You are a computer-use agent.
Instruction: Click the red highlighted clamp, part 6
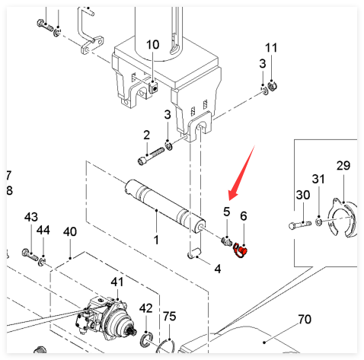[240, 250]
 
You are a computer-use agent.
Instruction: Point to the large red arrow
[241, 173]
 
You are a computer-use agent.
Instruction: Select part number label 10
[152, 45]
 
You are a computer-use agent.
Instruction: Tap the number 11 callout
[271, 48]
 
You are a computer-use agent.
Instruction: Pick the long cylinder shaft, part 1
[165, 206]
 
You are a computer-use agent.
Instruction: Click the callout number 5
[226, 212]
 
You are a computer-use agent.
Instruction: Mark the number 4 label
[218, 269]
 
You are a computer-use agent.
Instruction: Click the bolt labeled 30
[300, 225]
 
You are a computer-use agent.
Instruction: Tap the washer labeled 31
[318, 221]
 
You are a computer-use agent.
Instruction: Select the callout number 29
[343, 166]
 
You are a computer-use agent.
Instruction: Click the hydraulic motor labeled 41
[105, 317]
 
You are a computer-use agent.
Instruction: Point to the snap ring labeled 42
[147, 339]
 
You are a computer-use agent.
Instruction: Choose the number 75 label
[169, 316]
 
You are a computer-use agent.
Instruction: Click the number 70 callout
[305, 320]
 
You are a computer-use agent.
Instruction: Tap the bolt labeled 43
[30, 254]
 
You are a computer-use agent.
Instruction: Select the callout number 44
[43, 230]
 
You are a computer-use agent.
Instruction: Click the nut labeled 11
[273, 86]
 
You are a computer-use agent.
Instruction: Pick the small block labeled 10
[153, 87]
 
